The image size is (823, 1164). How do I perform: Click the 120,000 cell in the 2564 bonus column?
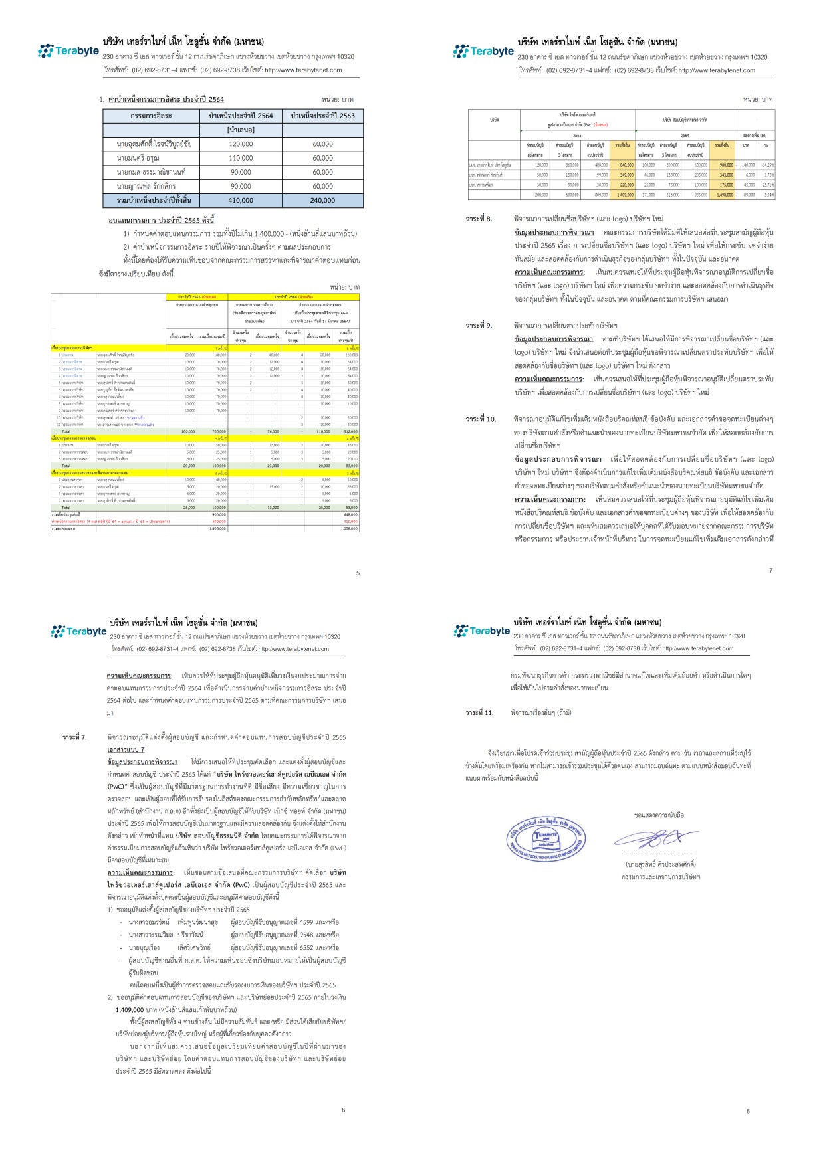click(241, 144)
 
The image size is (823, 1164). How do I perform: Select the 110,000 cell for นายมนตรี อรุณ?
click(241, 158)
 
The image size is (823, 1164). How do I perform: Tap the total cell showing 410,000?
click(241, 200)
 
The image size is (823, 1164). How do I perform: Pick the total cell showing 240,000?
click(322, 200)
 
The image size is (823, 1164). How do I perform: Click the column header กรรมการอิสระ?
click(151, 116)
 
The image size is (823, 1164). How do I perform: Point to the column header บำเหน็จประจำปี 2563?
click(322, 116)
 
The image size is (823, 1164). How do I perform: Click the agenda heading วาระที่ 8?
click(479, 219)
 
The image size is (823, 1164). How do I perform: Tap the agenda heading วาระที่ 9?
click(479, 326)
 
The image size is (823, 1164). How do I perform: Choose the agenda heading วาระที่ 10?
click(481, 419)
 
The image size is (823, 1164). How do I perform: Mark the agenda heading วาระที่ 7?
click(74, 737)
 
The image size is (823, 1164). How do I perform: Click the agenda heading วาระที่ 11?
click(479, 712)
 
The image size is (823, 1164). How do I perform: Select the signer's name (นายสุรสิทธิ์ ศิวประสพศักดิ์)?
click(660, 864)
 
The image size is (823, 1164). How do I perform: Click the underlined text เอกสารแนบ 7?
click(126, 749)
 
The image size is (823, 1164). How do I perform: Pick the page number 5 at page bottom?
click(358, 573)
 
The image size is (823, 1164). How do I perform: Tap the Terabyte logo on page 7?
click(483, 51)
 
